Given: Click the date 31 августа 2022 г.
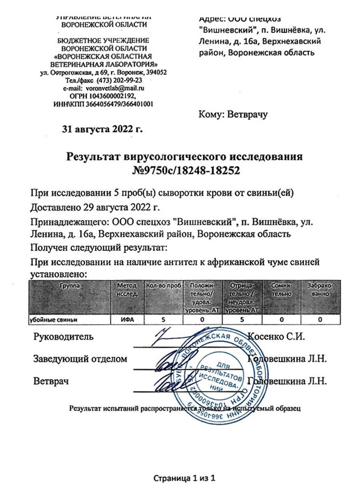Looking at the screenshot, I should (102, 127).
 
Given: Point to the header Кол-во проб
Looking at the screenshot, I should (163, 286).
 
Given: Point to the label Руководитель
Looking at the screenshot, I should (63, 336).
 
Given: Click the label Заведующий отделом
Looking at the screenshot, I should (80, 359).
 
